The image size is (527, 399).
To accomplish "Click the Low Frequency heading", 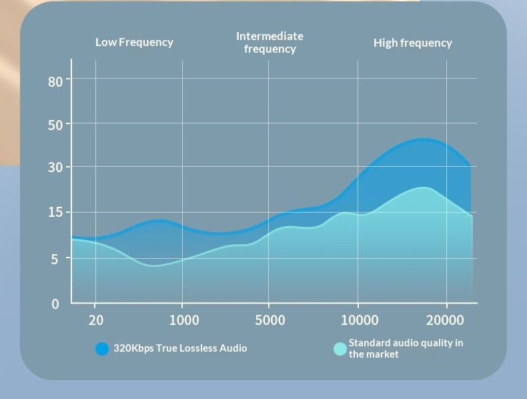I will pyautogui.click(x=134, y=42).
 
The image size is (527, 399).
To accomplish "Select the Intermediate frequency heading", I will pyautogui.click(x=270, y=42).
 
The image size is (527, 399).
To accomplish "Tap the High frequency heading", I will pyautogui.click(x=412, y=43).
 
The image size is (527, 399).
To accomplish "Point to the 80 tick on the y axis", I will pyautogui.click(x=55, y=81).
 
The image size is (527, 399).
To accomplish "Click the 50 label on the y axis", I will pyautogui.click(x=55, y=125).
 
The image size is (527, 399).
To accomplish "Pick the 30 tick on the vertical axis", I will pyautogui.click(x=55, y=167).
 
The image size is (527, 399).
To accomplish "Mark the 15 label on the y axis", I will pyautogui.click(x=55, y=213).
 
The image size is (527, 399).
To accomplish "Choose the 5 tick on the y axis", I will pyautogui.click(x=55, y=259).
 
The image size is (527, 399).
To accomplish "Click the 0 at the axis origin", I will pyautogui.click(x=55, y=304).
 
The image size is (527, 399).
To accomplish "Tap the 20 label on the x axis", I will pyautogui.click(x=96, y=320).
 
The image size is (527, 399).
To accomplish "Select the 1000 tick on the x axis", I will pyautogui.click(x=183, y=320).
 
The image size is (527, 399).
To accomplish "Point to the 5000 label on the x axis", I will pyautogui.click(x=270, y=320).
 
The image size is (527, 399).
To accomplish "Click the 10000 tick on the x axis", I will pyautogui.click(x=360, y=320).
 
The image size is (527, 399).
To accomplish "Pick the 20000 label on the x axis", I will pyautogui.click(x=445, y=320).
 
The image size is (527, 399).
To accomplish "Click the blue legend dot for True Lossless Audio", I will pyautogui.click(x=102, y=348).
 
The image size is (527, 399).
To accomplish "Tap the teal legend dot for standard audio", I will pyautogui.click(x=340, y=348).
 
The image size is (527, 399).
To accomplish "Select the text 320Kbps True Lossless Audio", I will pyautogui.click(x=180, y=348).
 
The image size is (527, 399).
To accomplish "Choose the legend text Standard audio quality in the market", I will pyautogui.click(x=406, y=348).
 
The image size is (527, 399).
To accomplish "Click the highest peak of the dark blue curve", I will pyautogui.click(x=423, y=139).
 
